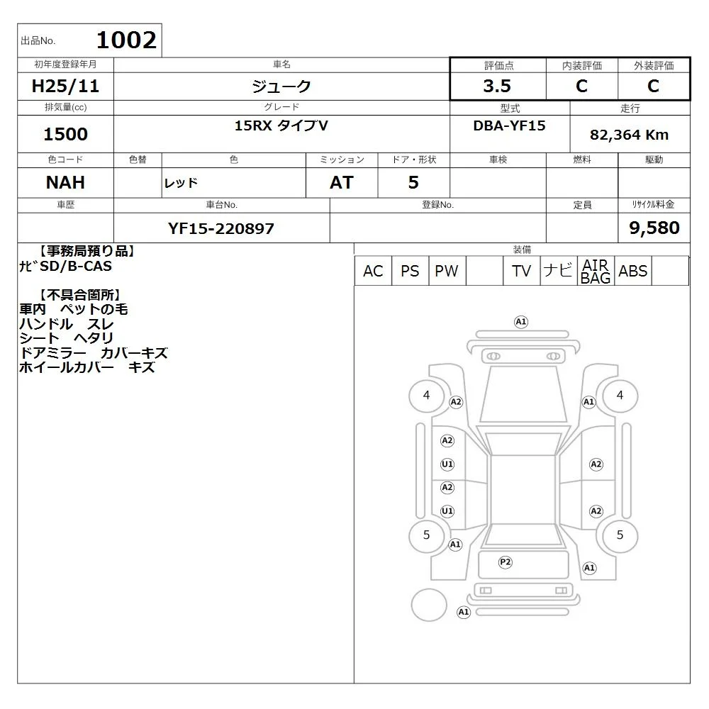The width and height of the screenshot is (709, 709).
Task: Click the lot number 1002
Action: point(127,40)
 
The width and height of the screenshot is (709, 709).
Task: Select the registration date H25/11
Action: point(65,86)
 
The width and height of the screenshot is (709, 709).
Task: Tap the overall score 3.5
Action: point(497,86)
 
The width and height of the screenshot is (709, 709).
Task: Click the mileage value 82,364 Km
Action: point(629,135)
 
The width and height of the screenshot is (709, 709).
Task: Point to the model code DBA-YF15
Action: point(509,125)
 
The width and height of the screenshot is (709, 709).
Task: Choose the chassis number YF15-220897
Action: point(221,228)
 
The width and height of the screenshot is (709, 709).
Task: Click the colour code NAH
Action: point(65,182)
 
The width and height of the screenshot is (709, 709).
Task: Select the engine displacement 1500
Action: point(65,134)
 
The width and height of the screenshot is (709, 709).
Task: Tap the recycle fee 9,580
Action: point(654,228)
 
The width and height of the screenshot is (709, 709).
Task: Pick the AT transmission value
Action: point(342,183)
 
